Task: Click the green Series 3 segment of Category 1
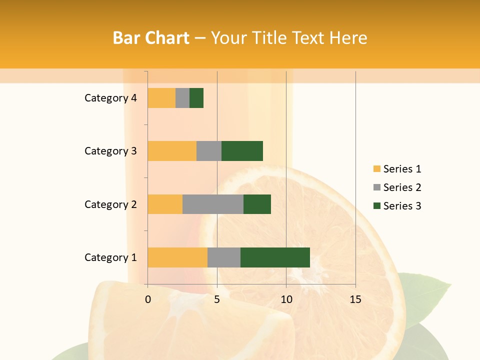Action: click(x=275, y=257)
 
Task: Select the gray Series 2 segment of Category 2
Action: click(x=213, y=204)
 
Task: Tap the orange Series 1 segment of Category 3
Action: click(x=172, y=151)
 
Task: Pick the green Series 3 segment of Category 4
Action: click(x=196, y=98)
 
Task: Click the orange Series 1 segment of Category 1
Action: click(x=177, y=257)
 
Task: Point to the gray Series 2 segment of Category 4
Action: click(x=182, y=98)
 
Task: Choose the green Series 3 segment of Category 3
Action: click(x=242, y=151)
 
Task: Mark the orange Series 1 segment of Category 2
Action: click(x=165, y=204)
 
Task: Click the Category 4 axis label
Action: click(x=110, y=98)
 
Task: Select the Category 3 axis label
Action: click(x=110, y=151)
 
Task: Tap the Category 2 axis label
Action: click(x=110, y=204)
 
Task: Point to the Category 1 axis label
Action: click(x=110, y=257)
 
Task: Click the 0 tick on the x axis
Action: click(x=148, y=299)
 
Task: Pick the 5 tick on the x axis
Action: click(x=217, y=299)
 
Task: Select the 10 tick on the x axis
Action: click(x=286, y=299)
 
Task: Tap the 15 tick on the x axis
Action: click(x=355, y=299)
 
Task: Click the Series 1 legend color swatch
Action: click(x=376, y=169)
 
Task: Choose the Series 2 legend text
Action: click(x=402, y=187)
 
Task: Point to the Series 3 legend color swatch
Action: click(x=376, y=206)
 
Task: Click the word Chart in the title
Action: click(x=166, y=38)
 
